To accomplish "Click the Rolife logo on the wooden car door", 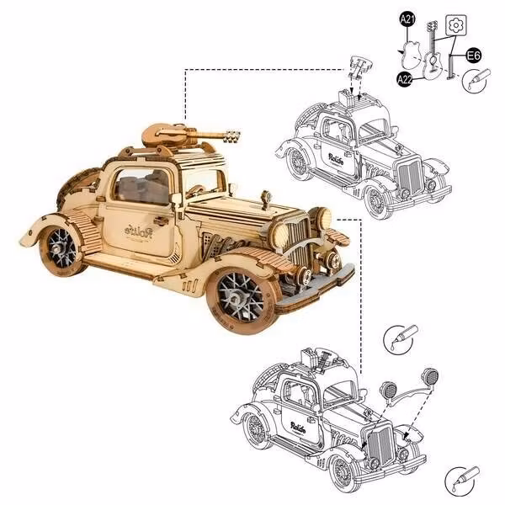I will coord(141,230).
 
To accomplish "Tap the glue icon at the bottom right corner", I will coord(461,480).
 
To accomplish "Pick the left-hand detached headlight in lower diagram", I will coord(391,390).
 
